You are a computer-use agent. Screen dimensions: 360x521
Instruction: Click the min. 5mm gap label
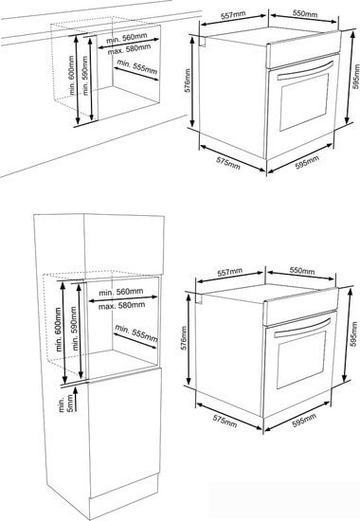[x=65, y=404]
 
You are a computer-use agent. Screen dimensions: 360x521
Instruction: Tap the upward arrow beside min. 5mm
[x=76, y=400]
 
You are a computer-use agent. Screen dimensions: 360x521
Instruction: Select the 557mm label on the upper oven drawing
[x=233, y=15]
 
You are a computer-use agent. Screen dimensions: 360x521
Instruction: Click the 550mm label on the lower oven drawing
[x=302, y=271]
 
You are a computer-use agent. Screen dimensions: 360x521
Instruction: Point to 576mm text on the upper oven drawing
[x=188, y=81]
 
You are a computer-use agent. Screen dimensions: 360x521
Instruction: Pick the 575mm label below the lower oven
[x=225, y=421]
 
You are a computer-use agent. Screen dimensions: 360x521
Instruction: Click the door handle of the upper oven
[x=305, y=70]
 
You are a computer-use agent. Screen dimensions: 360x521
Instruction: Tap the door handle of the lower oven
[x=302, y=328]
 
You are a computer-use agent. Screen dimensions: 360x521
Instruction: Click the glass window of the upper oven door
[x=304, y=102]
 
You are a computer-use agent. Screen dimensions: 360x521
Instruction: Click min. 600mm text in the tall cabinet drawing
[x=59, y=330]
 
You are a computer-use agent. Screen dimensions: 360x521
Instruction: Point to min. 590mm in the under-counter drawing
[x=85, y=76]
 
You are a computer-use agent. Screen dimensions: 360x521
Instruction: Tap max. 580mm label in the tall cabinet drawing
[x=121, y=305]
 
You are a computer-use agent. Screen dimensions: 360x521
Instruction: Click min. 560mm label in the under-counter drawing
[x=126, y=38]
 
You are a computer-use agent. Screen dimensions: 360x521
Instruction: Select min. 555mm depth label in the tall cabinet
[x=136, y=332]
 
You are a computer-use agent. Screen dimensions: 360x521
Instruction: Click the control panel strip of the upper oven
[x=304, y=49]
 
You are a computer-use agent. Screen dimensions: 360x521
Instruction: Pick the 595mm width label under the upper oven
[x=307, y=162]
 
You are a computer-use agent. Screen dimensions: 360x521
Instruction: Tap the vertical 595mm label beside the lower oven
[x=353, y=334]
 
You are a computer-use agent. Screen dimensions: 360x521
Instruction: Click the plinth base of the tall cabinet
[x=123, y=487]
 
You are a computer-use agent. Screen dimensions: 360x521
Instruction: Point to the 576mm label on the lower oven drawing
[x=184, y=337]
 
